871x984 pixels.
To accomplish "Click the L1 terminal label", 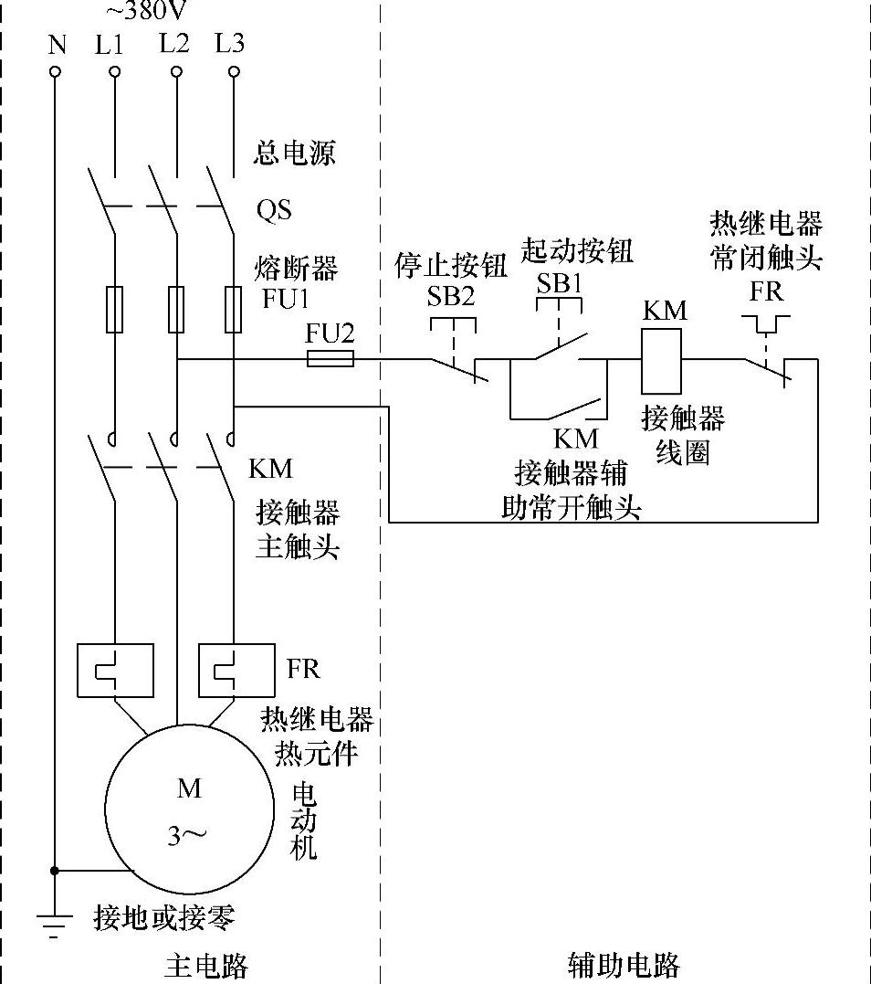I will pyautogui.click(x=109, y=44).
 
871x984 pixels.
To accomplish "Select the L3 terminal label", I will pyautogui.click(x=229, y=43).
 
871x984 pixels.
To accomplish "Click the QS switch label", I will pyautogui.click(x=274, y=210).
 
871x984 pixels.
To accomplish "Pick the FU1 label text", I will pyautogui.click(x=287, y=299).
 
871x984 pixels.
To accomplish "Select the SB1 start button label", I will pyautogui.click(x=560, y=281).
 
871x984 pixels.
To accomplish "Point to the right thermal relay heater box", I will pyautogui.click(x=236, y=672).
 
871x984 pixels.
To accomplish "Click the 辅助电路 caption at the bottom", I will pyautogui.click(x=624, y=966).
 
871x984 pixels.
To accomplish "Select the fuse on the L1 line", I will pyautogui.click(x=115, y=309).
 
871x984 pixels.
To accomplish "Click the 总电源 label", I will pyautogui.click(x=294, y=153).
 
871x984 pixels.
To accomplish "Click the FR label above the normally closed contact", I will pyautogui.click(x=766, y=291).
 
